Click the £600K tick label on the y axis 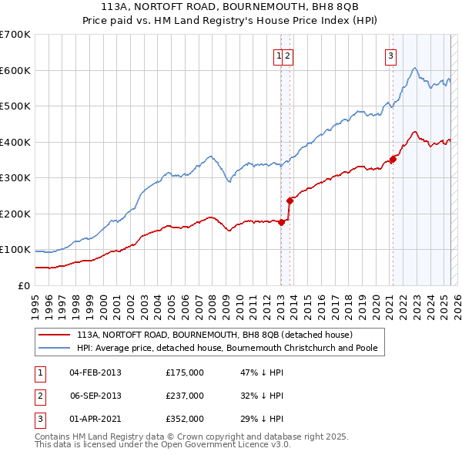[x=15, y=70]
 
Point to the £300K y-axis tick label [x=15, y=177]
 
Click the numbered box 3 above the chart [x=391, y=55]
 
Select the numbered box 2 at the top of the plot [x=287, y=55]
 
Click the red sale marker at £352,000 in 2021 [x=393, y=160]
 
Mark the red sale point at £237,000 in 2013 [x=290, y=201]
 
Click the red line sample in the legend [x=54, y=335]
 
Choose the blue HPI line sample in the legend [x=54, y=348]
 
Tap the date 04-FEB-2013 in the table [x=95, y=372]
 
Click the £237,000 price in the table [x=185, y=396]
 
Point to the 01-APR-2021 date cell [x=95, y=419]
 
